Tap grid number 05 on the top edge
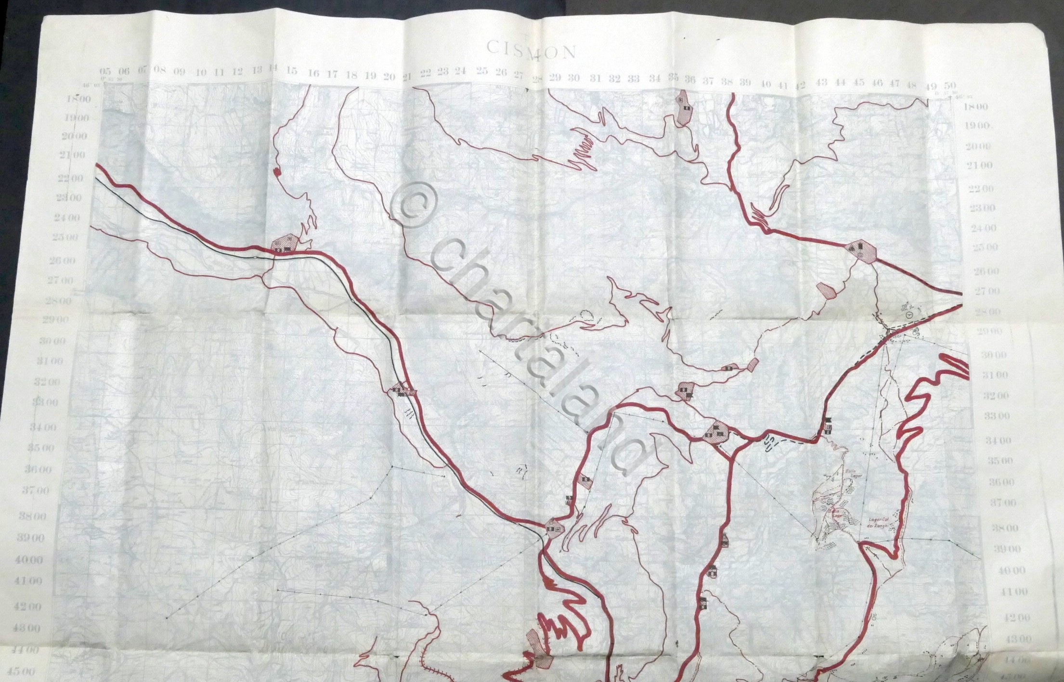[x=105, y=71]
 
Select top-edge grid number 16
[x=313, y=73]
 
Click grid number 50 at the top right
[x=949, y=86]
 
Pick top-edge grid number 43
[x=821, y=82]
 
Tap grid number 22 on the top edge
[x=425, y=73]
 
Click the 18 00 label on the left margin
[x=79, y=99]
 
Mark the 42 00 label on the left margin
[x=42, y=606]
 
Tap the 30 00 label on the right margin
[x=994, y=355]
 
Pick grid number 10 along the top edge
[x=201, y=73]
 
